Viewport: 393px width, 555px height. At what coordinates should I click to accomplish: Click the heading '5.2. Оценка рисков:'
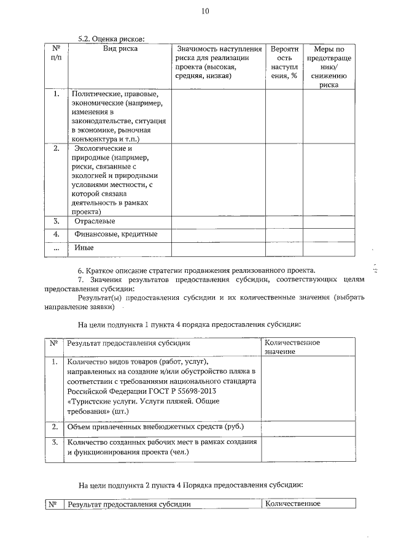coord(115,38)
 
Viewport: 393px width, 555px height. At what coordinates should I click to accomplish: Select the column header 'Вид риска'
coord(120,48)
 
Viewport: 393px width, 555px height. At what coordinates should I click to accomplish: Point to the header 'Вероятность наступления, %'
coord(284,62)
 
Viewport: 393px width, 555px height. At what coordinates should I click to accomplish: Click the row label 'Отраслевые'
coord(95,221)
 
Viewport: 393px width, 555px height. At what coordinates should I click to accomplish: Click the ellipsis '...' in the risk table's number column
coord(56,248)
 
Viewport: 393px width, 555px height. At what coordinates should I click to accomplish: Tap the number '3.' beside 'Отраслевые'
coord(56,221)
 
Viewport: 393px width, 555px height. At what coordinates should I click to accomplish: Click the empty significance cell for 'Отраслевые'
coord(218,221)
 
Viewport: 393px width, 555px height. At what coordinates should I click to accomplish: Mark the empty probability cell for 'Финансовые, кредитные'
coord(284,234)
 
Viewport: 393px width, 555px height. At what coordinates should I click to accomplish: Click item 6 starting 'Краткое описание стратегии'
coord(196,270)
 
